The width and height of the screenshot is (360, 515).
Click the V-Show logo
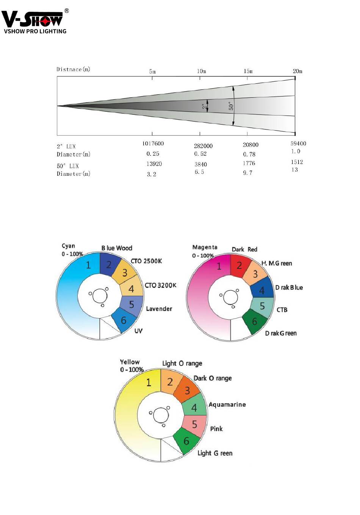click(35, 21)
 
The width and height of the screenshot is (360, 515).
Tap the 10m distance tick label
click(201, 71)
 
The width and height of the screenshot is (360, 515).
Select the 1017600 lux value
click(153, 144)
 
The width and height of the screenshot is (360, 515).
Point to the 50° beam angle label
click(231, 106)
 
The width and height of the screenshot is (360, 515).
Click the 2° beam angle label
click(204, 107)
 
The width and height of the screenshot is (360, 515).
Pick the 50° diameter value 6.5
click(199, 172)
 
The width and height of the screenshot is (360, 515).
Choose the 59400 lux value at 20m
click(298, 144)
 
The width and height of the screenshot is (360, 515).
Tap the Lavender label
click(159, 309)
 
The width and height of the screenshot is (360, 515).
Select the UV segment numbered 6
click(124, 320)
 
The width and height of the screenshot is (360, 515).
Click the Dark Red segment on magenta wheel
click(240, 265)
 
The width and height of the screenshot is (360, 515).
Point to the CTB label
click(282, 310)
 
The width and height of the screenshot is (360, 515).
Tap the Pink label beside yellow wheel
click(216, 429)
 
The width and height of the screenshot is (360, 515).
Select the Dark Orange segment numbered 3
click(187, 390)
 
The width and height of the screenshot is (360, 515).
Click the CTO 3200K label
click(160, 285)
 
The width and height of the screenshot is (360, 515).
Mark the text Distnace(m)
click(74, 69)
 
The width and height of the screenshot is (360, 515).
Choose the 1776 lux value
click(249, 163)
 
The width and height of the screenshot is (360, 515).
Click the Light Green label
click(215, 453)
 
